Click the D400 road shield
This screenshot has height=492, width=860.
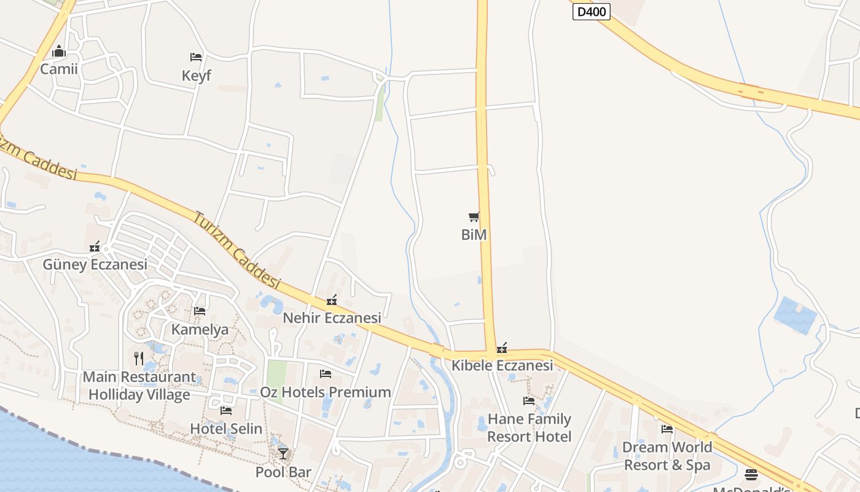(x=591, y=12)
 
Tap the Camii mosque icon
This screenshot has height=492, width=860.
(x=59, y=52)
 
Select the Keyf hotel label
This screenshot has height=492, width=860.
(x=196, y=76)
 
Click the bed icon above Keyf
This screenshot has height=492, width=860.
(x=196, y=57)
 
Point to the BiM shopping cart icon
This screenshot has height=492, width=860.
(x=474, y=216)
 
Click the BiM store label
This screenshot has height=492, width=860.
(x=474, y=234)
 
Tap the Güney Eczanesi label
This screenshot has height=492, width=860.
(x=95, y=264)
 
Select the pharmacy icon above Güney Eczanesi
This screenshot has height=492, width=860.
(x=95, y=247)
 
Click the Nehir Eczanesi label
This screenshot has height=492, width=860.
(x=332, y=318)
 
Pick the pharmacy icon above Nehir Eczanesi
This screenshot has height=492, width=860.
(x=332, y=300)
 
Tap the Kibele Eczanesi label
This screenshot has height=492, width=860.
(x=502, y=365)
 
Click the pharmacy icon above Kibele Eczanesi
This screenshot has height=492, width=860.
(x=502, y=348)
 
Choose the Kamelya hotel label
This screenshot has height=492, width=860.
(x=200, y=329)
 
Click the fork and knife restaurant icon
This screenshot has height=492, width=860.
(x=139, y=358)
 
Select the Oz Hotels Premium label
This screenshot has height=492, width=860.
(x=326, y=392)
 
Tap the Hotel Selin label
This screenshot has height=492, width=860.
(x=226, y=429)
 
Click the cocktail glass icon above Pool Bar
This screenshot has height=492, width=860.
(x=283, y=454)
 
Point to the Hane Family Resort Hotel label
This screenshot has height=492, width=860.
(x=529, y=428)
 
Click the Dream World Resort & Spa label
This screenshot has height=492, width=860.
(x=667, y=456)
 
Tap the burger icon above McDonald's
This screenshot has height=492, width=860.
(x=751, y=475)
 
